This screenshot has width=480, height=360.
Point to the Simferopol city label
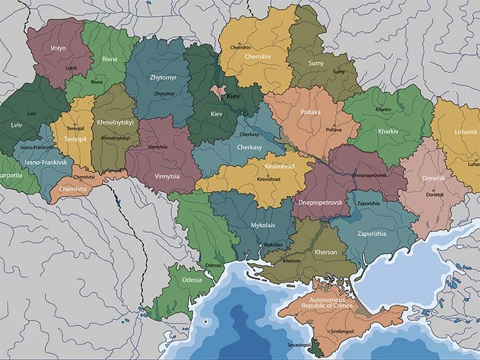pos(344,331)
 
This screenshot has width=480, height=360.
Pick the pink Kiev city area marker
pos(220,93)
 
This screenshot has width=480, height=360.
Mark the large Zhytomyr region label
pos(163,78)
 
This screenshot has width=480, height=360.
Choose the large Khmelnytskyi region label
pos(114,122)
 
